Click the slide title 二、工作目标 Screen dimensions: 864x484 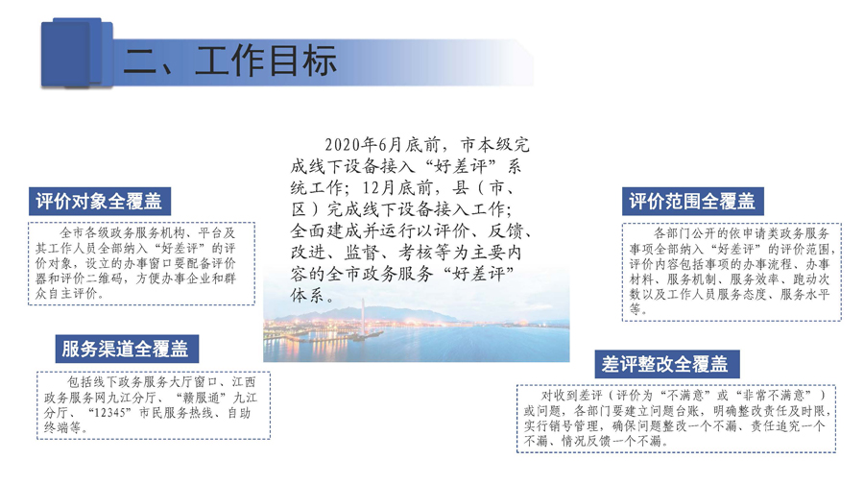click(229, 60)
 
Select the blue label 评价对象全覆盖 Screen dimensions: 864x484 click(100, 202)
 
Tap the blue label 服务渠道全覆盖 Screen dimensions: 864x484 click(127, 349)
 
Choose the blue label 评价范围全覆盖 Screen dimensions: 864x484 click(692, 202)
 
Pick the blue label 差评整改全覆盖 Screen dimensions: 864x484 click(666, 364)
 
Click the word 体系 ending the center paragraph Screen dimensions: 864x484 click(307, 295)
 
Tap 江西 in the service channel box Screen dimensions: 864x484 click(244, 382)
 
